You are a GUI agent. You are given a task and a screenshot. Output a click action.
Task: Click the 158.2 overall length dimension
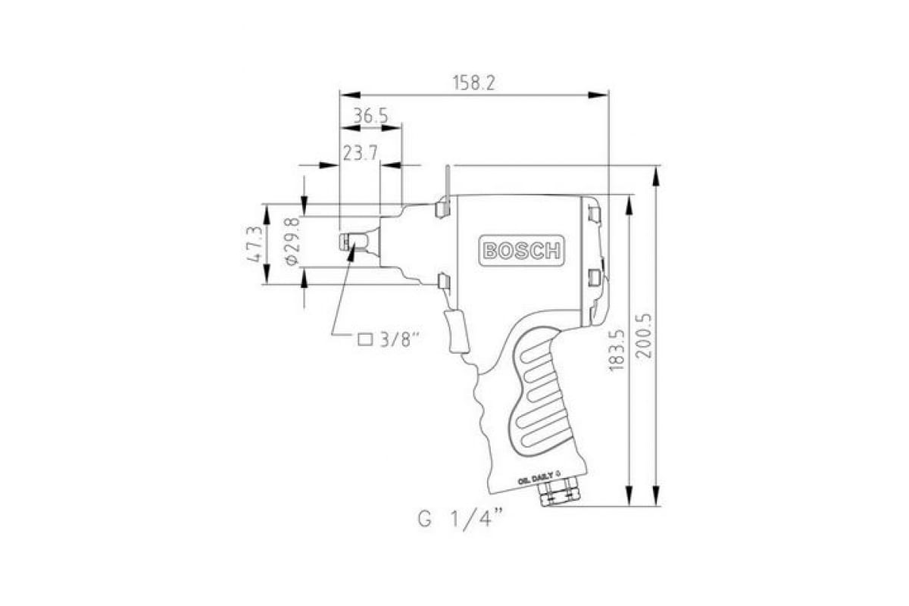click(x=473, y=83)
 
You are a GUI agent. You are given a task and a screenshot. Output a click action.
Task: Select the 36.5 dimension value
click(x=370, y=117)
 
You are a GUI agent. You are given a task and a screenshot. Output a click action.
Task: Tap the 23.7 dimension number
click(x=361, y=154)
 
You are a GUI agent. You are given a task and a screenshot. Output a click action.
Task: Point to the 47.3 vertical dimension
click(x=255, y=245)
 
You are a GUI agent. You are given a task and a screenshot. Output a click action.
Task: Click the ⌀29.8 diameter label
click(x=292, y=242)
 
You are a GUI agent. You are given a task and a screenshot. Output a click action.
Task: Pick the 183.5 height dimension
click(x=617, y=349)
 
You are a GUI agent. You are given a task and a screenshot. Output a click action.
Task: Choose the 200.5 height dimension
click(x=643, y=336)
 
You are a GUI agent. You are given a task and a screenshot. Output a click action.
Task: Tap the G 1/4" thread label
click(x=461, y=519)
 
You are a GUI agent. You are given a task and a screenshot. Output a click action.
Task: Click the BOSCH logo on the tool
click(x=521, y=251)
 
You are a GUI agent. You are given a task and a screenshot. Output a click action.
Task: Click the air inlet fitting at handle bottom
click(x=559, y=495)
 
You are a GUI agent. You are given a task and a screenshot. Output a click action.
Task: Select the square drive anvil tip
click(x=352, y=242)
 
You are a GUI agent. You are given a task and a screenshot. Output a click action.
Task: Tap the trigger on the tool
click(x=457, y=331)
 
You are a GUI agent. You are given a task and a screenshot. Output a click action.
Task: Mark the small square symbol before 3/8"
click(x=365, y=339)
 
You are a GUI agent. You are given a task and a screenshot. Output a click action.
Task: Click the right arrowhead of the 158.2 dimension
click(x=598, y=95)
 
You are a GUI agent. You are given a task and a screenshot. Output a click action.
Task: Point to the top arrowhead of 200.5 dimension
click(x=655, y=175)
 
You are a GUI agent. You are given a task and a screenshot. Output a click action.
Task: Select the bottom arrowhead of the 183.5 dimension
click(x=629, y=496)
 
